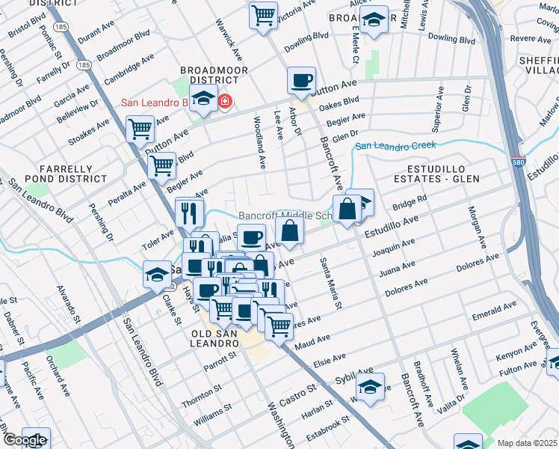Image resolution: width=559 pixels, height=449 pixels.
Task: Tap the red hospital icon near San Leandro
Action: pos(224,101)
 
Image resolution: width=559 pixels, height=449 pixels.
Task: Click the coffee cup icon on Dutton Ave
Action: pos(301,81)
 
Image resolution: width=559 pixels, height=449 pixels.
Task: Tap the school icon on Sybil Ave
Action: pos(369,387)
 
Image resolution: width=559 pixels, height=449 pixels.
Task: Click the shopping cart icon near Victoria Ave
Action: pos(263,15)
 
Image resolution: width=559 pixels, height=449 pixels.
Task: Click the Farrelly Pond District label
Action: pos(58,174)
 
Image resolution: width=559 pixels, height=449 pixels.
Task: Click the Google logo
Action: pos(24,441)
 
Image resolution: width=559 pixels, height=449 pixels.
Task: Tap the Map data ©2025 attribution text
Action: pos(526,443)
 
